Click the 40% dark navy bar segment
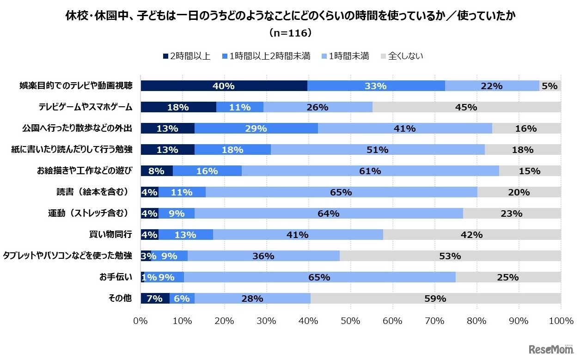pyautogui.click(x=224, y=86)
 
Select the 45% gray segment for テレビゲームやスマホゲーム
pyautogui.click(x=466, y=107)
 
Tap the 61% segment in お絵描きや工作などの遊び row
pyautogui.click(x=370, y=171)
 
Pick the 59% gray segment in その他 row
pyautogui.click(x=435, y=299)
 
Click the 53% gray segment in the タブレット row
pyautogui.click(x=450, y=256)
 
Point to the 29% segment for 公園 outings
pyautogui.click(x=256, y=128)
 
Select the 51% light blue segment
pyautogui.click(x=377, y=150)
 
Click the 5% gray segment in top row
pyautogui.click(x=550, y=86)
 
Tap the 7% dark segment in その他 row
pyautogui.click(x=155, y=299)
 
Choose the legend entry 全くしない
pyautogui.click(x=401, y=56)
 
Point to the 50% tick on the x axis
pyautogui.click(x=350, y=320)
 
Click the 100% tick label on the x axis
pyautogui.click(x=560, y=320)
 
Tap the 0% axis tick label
pyautogui.click(x=140, y=320)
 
